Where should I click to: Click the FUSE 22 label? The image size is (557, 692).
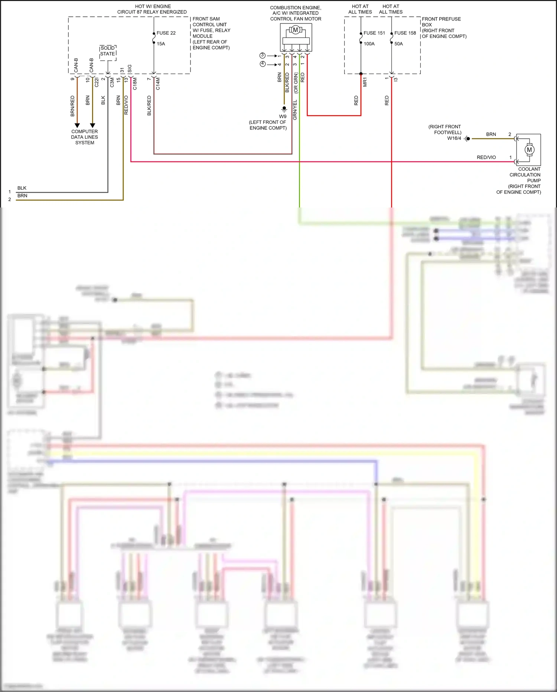pos(166,33)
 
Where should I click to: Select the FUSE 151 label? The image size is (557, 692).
pos(374,33)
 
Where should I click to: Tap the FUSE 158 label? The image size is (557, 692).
pos(405,33)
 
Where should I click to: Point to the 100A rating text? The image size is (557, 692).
pos(369,44)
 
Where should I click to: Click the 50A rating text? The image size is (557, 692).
pos(398,44)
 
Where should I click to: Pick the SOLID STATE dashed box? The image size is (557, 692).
pos(108,51)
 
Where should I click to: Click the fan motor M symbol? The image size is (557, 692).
pos(296,30)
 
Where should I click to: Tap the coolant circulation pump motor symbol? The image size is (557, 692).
pos(529,149)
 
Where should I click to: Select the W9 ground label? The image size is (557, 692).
pos(283,116)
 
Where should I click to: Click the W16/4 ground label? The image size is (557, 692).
pos(454,138)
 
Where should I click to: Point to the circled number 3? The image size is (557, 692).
pos(263,55)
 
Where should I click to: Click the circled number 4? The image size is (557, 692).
pos(263,64)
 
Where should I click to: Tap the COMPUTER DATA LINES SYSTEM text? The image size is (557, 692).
pos(85,137)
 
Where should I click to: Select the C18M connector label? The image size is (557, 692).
pos(135,84)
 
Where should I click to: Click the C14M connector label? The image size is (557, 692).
pos(158,84)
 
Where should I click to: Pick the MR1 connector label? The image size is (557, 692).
pos(365,83)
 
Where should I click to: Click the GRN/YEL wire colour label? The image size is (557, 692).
pos(295,110)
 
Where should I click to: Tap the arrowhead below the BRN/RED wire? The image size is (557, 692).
pos(77,125)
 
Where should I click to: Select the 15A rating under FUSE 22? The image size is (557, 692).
pos(160,44)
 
